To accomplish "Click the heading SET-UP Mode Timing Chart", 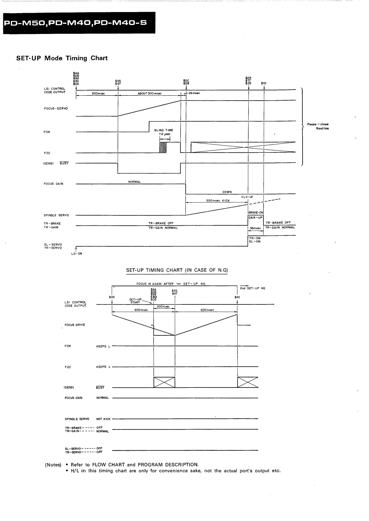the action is (62, 58).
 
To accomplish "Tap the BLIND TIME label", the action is (164, 130).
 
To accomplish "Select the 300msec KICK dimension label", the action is (218, 201).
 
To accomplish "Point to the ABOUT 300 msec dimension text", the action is (150, 93).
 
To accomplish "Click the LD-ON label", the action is (77, 254).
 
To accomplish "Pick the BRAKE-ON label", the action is (255, 212).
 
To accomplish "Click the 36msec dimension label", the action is (256, 228).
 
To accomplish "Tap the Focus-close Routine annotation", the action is (318, 126).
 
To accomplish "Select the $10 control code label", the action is (264, 83).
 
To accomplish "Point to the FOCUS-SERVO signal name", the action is (56, 108).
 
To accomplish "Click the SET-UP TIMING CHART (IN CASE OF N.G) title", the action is (177, 270).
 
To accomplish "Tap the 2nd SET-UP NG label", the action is (253, 288).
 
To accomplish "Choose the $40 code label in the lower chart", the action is (237, 297).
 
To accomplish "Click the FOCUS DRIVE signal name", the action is (75, 325).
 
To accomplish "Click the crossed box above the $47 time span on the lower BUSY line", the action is (164, 382).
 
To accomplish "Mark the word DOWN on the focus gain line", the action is (227, 192).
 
